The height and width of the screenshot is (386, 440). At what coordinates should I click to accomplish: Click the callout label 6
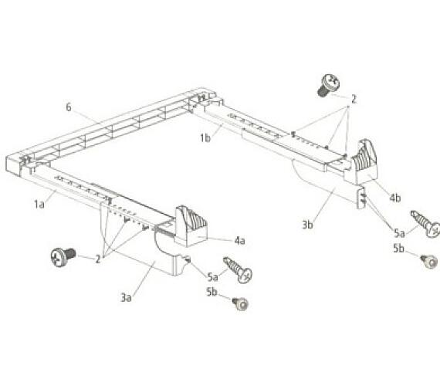click(69, 107)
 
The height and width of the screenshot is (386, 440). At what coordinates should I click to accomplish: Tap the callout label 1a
click(39, 204)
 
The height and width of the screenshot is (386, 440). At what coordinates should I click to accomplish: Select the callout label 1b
click(205, 138)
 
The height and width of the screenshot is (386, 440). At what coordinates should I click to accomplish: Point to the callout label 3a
click(126, 297)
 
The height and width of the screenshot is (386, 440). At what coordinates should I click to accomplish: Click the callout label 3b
click(307, 225)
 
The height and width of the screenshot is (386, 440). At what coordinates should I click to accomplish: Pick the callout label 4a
click(239, 241)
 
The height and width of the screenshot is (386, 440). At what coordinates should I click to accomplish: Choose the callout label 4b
click(395, 198)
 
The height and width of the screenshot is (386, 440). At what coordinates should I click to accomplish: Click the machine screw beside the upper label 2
click(329, 85)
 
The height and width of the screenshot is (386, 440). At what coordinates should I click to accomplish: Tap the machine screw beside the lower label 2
click(63, 256)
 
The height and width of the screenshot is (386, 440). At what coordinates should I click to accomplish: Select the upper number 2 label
click(354, 99)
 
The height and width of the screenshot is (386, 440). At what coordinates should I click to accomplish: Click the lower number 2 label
click(98, 259)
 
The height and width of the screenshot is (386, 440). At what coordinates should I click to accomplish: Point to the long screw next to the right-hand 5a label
click(425, 224)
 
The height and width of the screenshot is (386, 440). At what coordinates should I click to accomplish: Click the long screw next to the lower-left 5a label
click(238, 270)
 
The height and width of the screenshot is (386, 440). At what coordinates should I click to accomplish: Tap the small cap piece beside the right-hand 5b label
click(429, 262)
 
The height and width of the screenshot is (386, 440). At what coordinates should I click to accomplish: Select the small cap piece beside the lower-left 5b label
click(241, 303)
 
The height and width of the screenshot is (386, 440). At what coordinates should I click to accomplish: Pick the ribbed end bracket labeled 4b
click(361, 162)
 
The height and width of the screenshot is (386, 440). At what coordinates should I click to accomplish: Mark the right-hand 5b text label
click(398, 248)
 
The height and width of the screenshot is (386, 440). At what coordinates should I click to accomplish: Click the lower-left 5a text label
click(212, 277)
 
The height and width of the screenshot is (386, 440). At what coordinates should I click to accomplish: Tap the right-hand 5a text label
click(399, 233)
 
